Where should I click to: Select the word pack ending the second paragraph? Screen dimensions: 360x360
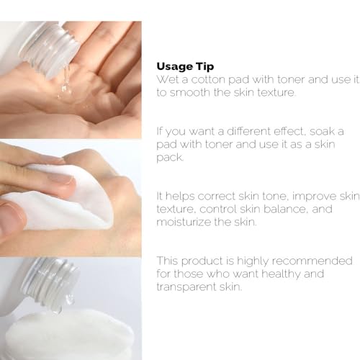click(168, 157)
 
